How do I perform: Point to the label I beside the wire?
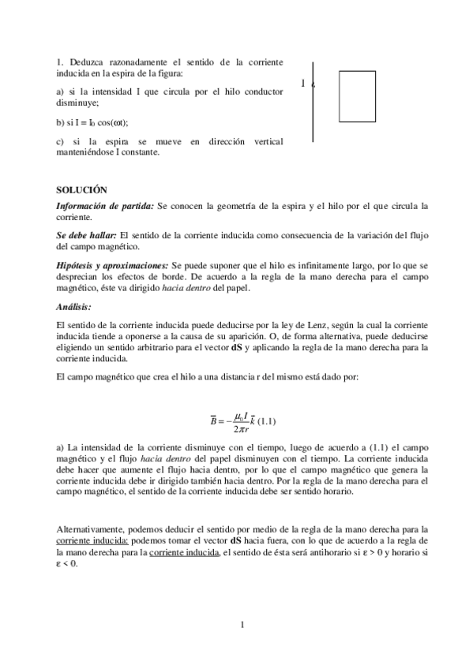click(304, 83)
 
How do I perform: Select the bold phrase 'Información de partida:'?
click(105, 206)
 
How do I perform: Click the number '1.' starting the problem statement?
click(61, 62)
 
